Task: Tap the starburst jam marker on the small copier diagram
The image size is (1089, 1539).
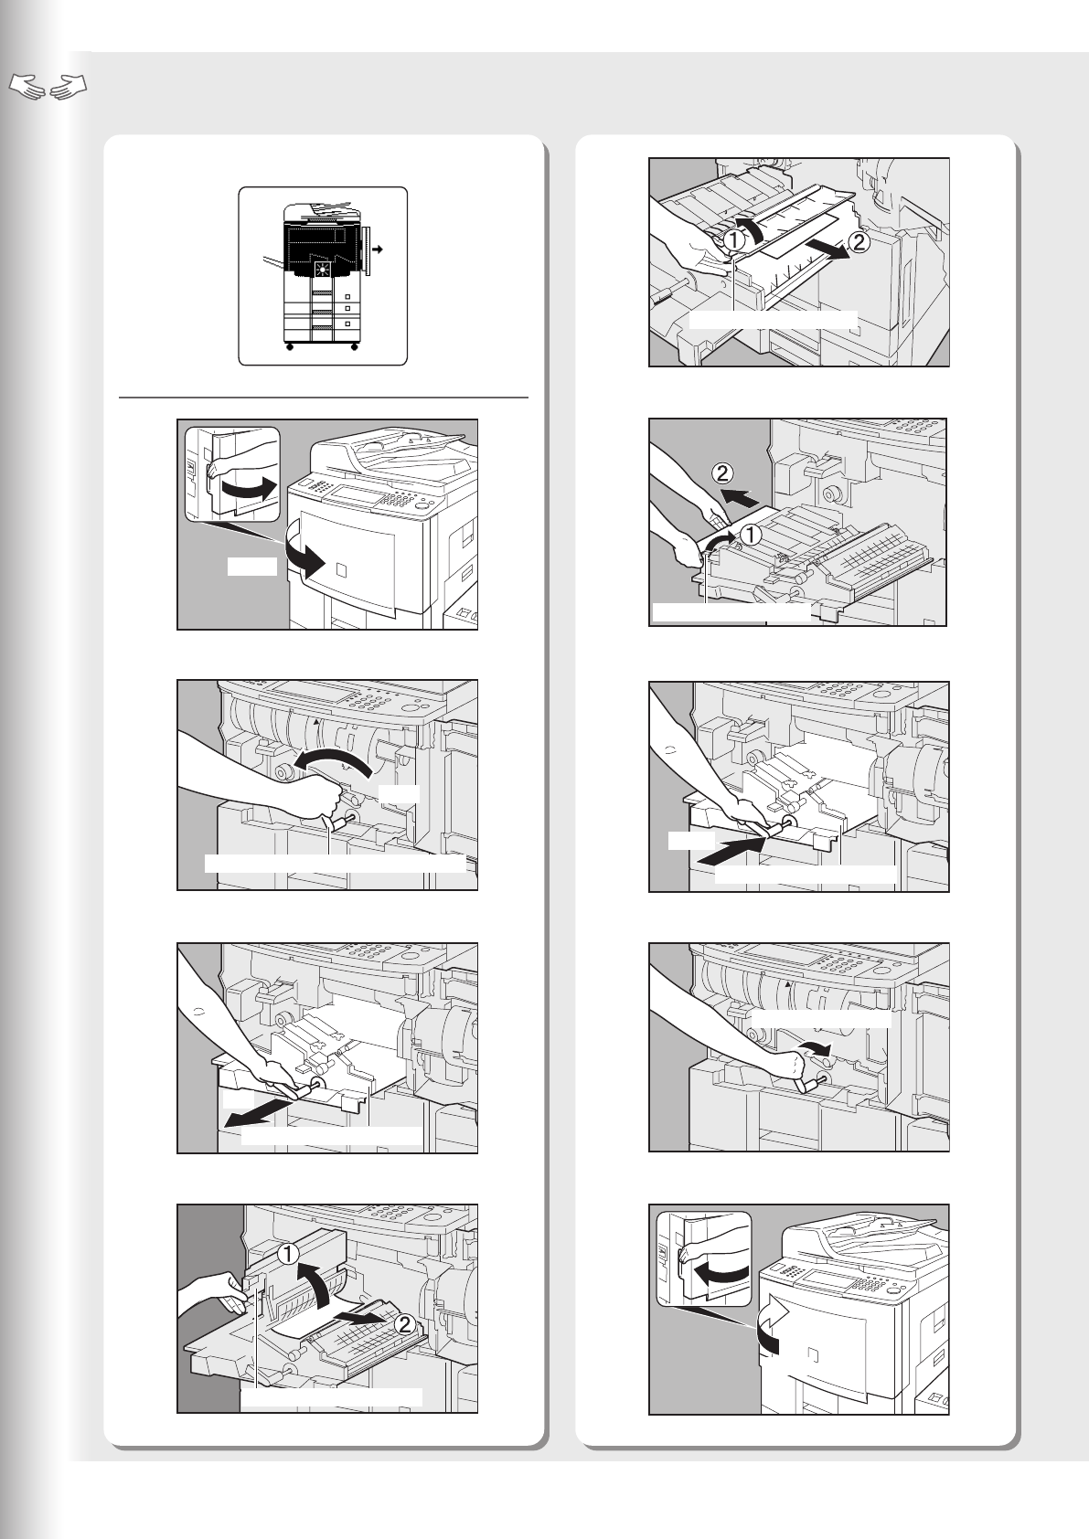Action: [x=321, y=271]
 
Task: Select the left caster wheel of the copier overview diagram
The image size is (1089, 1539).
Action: [x=289, y=348]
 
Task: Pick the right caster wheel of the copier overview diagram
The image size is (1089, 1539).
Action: [x=353, y=348]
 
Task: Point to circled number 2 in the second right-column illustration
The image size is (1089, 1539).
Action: [x=721, y=473]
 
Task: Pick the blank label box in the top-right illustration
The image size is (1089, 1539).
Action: [x=773, y=319]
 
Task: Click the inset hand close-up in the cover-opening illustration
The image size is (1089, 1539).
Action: [x=232, y=473]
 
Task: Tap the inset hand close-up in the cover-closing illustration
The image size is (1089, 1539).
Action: [x=704, y=1258]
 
